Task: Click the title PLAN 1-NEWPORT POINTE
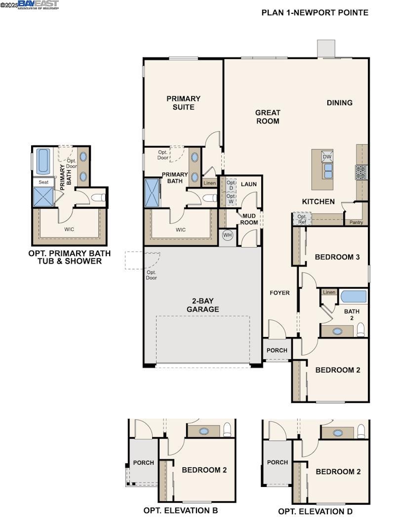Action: [x=315, y=13]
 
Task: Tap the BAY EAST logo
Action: [x=38, y=5]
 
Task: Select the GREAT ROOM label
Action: [x=267, y=117]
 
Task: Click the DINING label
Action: [x=339, y=103]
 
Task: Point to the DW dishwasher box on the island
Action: [x=327, y=157]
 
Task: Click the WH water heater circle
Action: [x=227, y=235]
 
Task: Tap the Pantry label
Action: [x=356, y=223]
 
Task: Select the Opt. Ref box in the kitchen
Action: [x=302, y=219]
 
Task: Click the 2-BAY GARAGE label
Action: [x=202, y=305]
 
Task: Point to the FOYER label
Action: [x=280, y=293]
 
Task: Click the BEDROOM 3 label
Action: [x=337, y=257]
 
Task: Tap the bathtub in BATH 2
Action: [x=354, y=297]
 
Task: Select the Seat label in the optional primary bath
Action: [x=43, y=182]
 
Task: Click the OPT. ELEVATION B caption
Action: [x=180, y=511]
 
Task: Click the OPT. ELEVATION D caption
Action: [x=315, y=512]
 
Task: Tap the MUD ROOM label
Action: [x=249, y=219]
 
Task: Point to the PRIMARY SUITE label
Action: [x=183, y=103]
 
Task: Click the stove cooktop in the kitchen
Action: [x=360, y=172]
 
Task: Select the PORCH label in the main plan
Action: [x=277, y=351]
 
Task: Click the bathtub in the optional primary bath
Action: [x=43, y=161]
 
